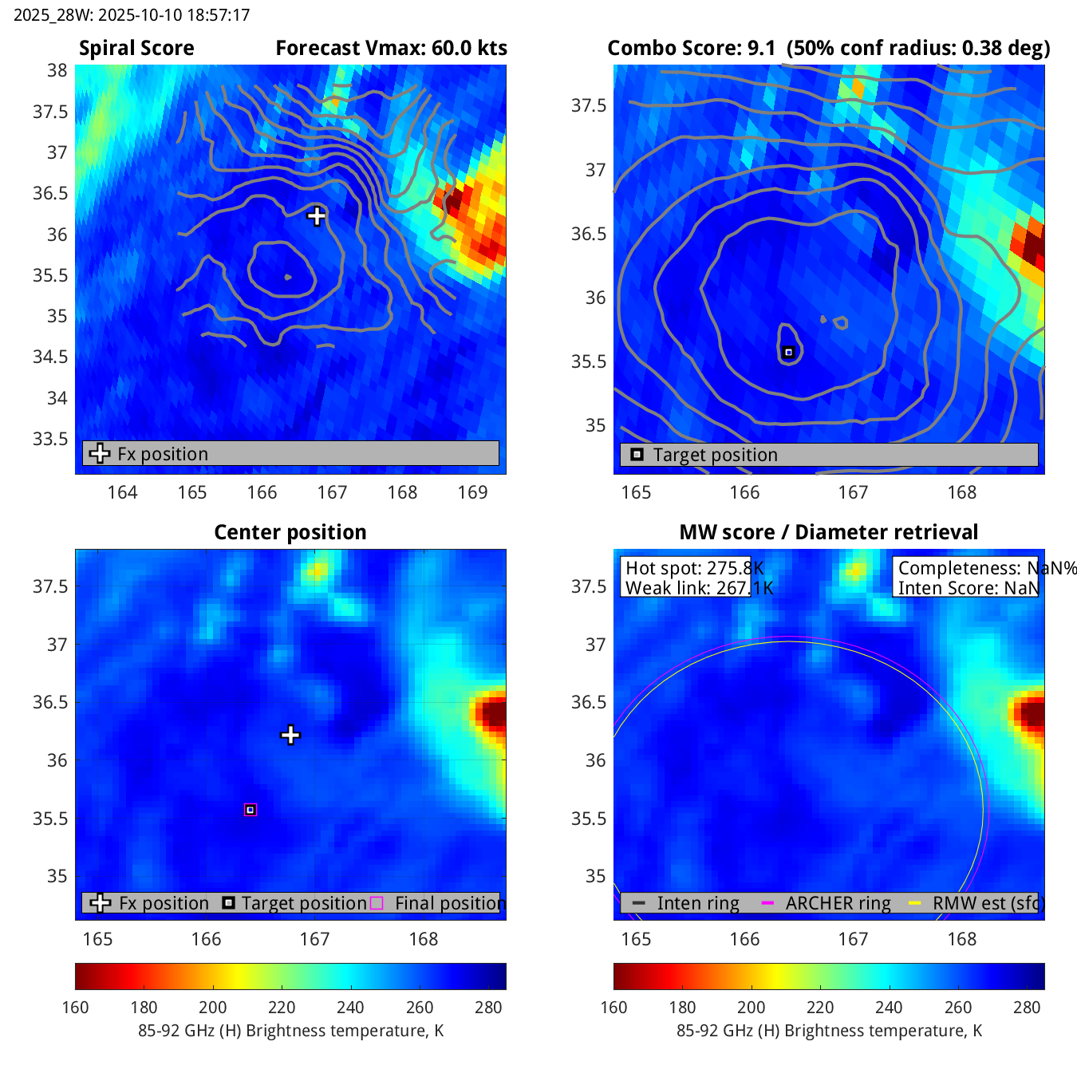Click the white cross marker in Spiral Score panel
317,215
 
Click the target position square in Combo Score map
788,352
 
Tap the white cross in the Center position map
290,735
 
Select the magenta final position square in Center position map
251,810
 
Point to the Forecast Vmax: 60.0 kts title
391,48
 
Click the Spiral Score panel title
136,48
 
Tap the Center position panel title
290,532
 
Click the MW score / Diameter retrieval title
828,532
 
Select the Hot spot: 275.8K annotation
694,568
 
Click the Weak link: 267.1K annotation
699,588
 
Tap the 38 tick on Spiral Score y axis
57,70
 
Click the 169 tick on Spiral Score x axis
472,492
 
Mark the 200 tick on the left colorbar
213,1007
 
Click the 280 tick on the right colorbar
1027,1007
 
